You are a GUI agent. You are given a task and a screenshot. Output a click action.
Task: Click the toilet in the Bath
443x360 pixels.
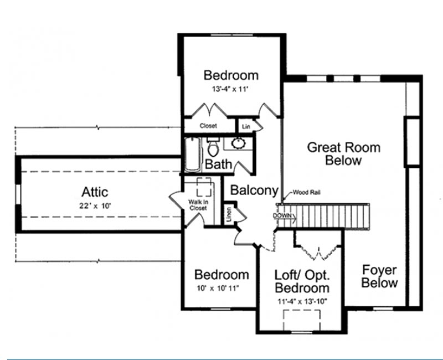[x=213, y=147]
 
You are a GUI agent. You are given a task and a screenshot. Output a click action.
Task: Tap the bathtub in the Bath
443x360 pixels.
[x=193, y=155]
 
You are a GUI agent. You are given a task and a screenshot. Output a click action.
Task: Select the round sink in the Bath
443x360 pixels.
[x=239, y=143]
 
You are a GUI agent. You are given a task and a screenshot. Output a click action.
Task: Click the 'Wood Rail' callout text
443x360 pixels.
[x=307, y=192]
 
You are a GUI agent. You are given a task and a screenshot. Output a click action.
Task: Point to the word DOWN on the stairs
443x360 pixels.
[x=282, y=215]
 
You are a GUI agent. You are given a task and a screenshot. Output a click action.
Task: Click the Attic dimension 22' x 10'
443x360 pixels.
[x=95, y=205]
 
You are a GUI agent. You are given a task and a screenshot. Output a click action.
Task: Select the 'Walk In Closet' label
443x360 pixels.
[x=198, y=205]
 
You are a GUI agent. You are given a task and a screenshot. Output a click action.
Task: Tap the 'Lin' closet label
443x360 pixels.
[x=246, y=127]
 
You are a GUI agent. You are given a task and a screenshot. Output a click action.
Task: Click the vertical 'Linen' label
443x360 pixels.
[x=229, y=214]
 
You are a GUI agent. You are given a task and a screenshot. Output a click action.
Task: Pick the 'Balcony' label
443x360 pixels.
[x=254, y=190]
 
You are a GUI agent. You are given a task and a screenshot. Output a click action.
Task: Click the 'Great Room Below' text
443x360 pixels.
[x=343, y=154]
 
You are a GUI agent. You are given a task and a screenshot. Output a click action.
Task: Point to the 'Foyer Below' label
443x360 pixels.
[x=379, y=276]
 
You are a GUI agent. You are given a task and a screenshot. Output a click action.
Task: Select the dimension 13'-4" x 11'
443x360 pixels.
[x=230, y=89]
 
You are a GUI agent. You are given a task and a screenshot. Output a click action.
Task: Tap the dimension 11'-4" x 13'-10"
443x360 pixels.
[x=302, y=301]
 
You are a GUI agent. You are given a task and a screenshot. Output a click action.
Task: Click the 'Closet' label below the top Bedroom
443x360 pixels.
[x=208, y=126]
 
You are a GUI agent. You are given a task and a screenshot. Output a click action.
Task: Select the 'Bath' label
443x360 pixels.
[x=218, y=164]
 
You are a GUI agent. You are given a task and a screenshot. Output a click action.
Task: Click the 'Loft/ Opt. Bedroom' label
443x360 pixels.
[x=302, y=281]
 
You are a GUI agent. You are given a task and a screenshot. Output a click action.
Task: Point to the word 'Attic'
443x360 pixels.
[x=95, y=192]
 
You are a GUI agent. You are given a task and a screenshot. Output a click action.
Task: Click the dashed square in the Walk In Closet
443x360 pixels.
[x=204, y=187]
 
